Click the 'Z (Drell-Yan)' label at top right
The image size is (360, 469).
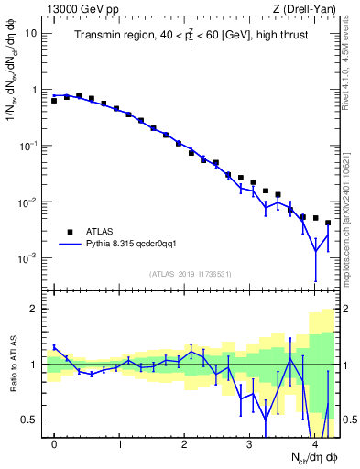pos(305,9)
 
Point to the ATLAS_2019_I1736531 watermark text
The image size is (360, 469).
pos(191,274)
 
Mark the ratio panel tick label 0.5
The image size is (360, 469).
pos(29,420)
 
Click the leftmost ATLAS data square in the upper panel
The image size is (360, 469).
pos(55,101)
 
